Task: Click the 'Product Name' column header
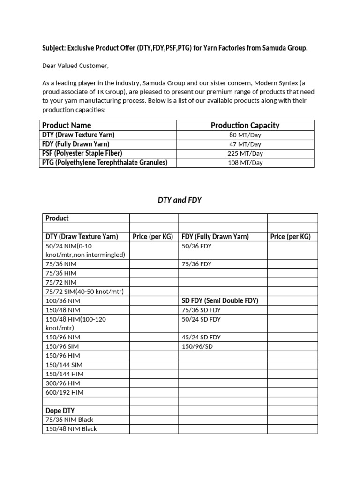click(x=67, y=125)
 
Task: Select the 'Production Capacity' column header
click(x=245, y=125)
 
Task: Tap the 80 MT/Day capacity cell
click(x=245, y=135)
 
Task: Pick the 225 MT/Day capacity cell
click(x=245, y=153)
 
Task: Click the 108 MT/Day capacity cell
click(x=245, y=163)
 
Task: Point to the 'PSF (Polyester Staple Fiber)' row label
click(x=82, y=153)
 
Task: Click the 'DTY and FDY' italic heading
click(x=180, y=200)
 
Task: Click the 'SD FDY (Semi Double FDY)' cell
click(x=220, y=300)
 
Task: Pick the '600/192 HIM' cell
click(x=64, y=392)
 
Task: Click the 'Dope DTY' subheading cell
click(x=60, y=411)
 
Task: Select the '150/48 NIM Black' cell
click(x=71, y=429)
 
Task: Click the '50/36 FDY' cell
click(x=196, y=246)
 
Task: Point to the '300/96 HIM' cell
click(x=63, y=383)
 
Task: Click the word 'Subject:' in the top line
click(x=54, y=49)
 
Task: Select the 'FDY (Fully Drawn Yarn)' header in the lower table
click(x=215, y=237)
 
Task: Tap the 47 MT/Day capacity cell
click(x=245, y=144)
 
